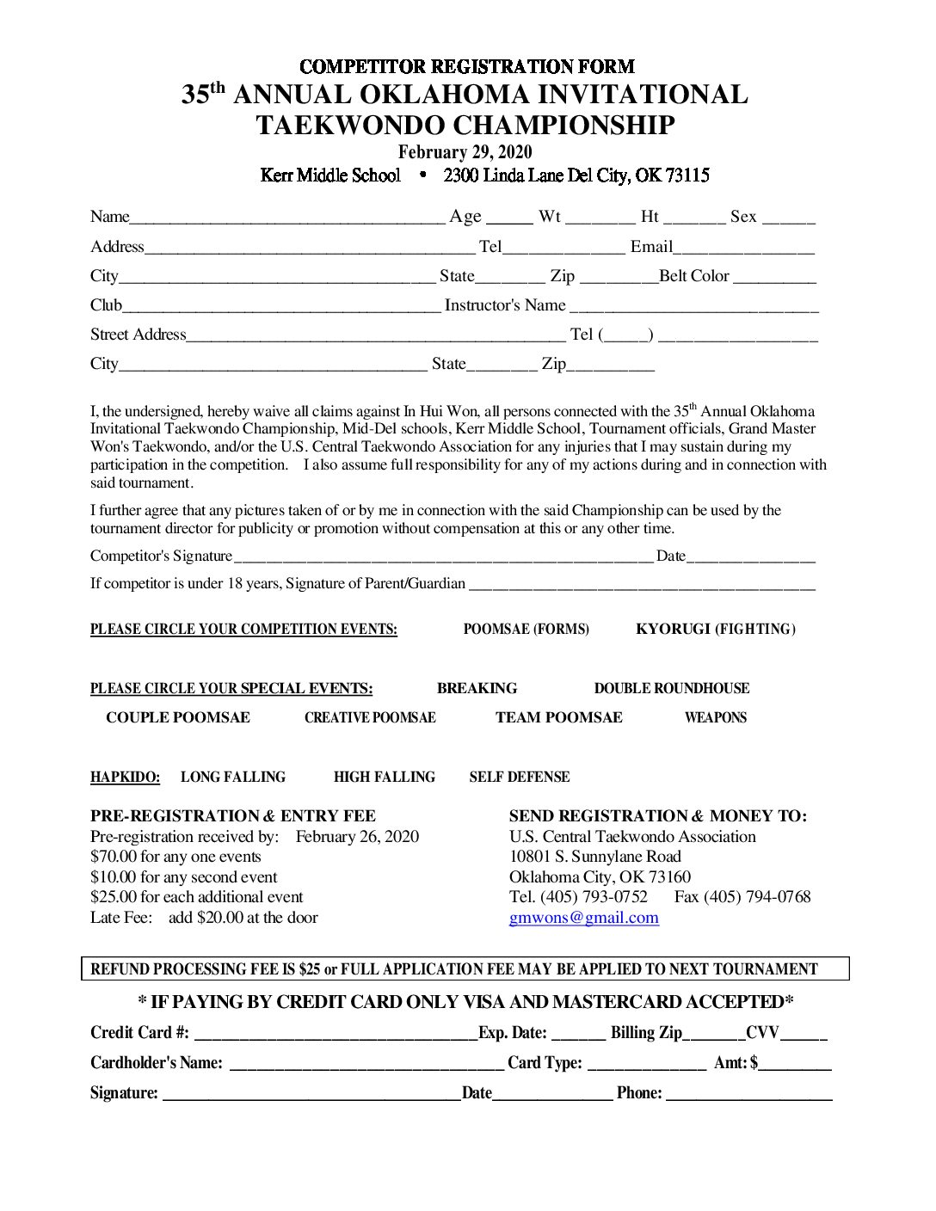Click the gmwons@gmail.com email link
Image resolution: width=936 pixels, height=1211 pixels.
coord(583,918)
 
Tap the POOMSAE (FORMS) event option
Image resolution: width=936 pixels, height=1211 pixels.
coord(526,630)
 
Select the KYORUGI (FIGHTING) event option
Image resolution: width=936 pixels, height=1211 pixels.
coord(715,630)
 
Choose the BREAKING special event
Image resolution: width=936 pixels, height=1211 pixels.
coord(477,689)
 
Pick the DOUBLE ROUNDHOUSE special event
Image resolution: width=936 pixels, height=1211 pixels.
coord(671,689)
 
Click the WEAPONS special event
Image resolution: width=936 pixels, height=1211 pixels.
coord(715,718)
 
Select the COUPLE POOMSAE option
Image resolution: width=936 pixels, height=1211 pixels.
coord(177,718)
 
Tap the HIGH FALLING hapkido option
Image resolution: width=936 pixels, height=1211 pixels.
coord(384,778)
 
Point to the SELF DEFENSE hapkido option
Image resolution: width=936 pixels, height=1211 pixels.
coord(519,778)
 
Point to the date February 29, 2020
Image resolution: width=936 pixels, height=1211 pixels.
coord(465,152)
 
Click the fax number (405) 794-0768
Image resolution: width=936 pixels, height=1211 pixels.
coord(757,897)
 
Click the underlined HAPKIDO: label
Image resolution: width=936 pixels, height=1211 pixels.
coord(125,778)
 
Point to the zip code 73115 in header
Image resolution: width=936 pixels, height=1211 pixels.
coord(687,175)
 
